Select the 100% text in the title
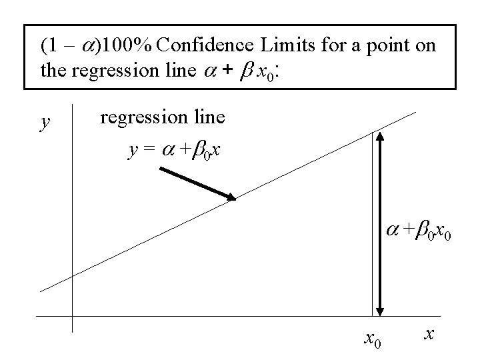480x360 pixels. coord(131,46)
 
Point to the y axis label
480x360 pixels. coord(44,122)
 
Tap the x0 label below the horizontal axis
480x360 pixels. coord(373,339)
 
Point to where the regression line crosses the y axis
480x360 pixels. coord(71,275)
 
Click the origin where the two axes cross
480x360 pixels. coord(71,316)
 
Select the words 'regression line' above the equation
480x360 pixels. coord(162,118)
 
